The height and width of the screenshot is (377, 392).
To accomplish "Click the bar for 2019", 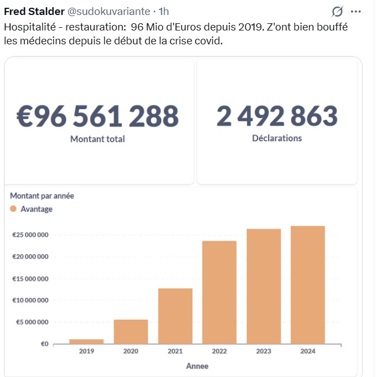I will click(x=86, y=341).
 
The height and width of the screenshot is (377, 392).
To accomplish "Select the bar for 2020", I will click(x=131, y=332).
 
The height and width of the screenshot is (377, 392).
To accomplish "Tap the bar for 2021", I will click(x=175, y=316).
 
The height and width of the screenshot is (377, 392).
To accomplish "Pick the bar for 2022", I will click(x=219, y=292).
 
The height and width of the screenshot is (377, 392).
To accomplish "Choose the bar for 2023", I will click(x=264, y=286).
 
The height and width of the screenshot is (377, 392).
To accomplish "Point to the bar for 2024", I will click(x=308, y=284).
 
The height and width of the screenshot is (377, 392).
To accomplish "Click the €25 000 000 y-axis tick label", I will click(x=30, y=235).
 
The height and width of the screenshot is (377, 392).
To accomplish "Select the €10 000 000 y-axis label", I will click(x=30, y=300).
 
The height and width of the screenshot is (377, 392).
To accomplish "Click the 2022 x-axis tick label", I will click(x=219, y=351).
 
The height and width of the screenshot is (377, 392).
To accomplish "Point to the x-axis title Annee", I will click(x=197, y=366).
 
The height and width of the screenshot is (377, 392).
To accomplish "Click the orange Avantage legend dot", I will click(x=13, y=209).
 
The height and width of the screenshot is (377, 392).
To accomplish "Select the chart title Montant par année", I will click(x=42, y=196).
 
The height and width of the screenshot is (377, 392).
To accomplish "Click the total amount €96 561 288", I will click(x=97, y=116).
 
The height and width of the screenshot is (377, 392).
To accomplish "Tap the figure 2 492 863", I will click(x=277, y=116).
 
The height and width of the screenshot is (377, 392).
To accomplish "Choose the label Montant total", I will click(x=97, y=139).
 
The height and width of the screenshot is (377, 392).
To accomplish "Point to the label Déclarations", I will click(x=277, y=138).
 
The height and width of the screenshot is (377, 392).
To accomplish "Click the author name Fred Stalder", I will click(x=34, y=12).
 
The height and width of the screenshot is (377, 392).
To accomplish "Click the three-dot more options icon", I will click(x=356, y=12).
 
